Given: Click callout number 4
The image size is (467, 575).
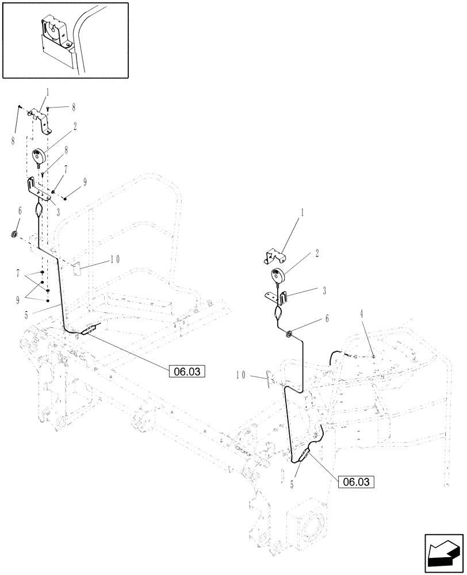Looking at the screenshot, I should (x=362, y=314).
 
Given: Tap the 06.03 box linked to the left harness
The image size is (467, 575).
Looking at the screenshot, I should (x=186, y=371).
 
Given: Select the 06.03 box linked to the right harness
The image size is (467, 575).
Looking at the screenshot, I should (x=357, y=481).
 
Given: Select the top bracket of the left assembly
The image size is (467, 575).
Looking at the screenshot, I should (x=41, y=117).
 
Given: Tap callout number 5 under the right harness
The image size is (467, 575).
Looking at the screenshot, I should (x=292, y=485).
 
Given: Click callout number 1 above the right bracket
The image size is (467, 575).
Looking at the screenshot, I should (x=301, y=213).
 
